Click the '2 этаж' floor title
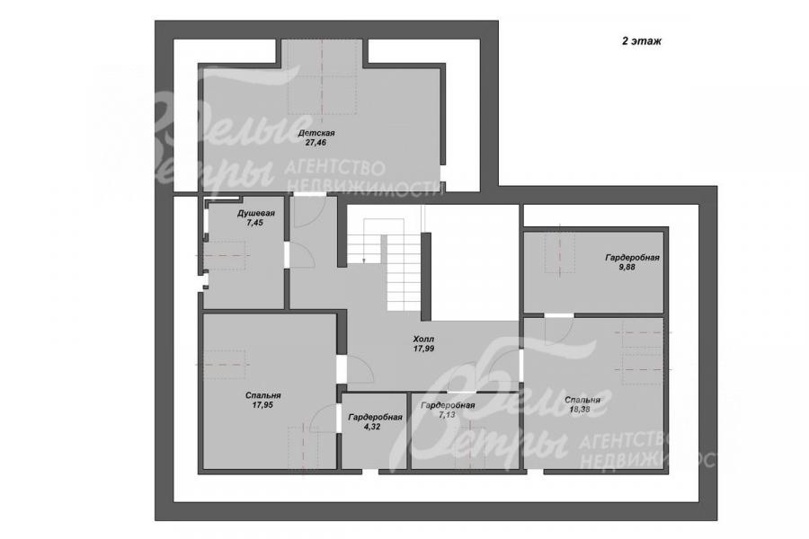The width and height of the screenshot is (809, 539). (641, 41)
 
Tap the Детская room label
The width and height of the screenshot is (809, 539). (316, 133)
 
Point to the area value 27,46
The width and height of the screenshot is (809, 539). (316, 143)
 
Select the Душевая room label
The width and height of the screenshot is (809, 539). (256, 213)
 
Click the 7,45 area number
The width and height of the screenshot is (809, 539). (255, 223)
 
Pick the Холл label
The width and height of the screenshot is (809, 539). (423, 340)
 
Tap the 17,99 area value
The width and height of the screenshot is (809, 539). (423, 349)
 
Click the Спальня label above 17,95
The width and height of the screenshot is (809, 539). (263, 395)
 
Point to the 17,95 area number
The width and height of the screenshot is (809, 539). (262, 405)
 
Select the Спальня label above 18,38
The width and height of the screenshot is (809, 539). (582, 400)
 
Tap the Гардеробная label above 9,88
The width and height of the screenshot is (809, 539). (633, 258)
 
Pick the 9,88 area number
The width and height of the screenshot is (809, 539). (627, 267)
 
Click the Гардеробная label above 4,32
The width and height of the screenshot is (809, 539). (375, 417)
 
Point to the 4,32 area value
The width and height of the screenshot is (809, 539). (372, 427)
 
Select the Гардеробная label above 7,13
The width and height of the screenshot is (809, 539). (448, 405)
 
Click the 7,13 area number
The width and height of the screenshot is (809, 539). (447, 415)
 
